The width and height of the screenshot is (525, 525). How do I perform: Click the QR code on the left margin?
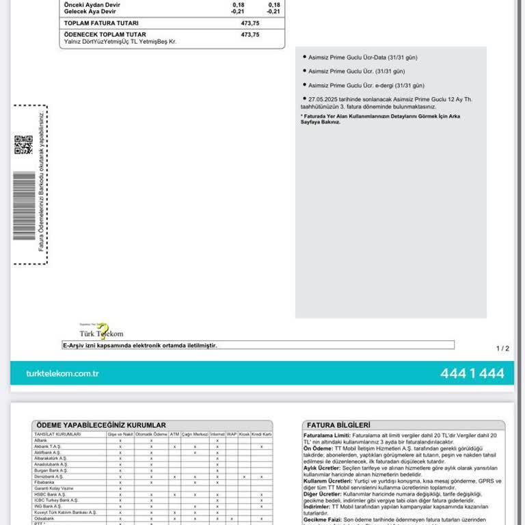23,144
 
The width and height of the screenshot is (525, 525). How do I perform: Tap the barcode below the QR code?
24,206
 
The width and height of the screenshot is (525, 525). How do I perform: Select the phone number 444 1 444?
472,373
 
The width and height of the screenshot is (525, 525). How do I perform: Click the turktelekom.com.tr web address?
62,373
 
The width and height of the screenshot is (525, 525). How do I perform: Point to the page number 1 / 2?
502,349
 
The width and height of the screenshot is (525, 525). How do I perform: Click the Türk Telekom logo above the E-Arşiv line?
102,332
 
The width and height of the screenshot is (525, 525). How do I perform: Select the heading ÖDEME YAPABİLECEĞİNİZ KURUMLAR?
101,425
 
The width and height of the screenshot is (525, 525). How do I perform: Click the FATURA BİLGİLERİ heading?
339,425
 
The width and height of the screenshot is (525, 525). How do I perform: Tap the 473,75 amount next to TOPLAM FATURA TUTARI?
250,23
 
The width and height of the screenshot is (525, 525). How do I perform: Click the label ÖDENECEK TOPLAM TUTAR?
105,34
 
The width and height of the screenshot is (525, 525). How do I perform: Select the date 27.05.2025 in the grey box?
324,99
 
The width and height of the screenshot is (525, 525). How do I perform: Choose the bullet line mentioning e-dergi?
366,85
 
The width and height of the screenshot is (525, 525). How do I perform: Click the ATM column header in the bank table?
175,434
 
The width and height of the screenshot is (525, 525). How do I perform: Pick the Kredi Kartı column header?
261,434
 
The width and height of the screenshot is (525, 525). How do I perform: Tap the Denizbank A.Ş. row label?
49,476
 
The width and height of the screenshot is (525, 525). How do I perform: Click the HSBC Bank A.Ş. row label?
49,494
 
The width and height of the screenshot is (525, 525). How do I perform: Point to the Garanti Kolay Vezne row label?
55,489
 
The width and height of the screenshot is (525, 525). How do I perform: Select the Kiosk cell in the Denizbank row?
244,476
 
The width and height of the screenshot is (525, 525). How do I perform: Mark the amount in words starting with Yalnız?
120,42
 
